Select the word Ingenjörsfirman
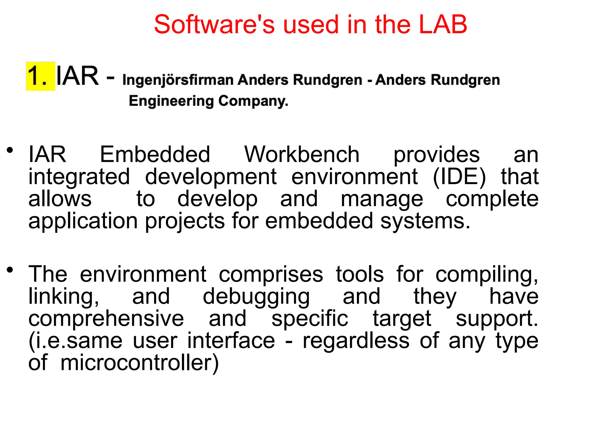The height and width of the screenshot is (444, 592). tap(178, 80)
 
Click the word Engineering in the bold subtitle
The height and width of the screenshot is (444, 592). tap(171, 101)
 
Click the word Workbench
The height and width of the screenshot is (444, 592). tap(302, 155)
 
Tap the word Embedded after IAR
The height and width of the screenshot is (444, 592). tap(155, 155)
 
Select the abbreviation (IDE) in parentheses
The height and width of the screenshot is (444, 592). tap(459, 177)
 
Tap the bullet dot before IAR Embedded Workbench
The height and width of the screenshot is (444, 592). tap(10, 150)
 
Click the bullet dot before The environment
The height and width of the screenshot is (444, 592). tap(10, 270)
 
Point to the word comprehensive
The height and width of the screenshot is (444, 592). tap(106, 319)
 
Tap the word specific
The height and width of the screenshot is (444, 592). tap(310, 319)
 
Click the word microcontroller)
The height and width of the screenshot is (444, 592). tap(140, 363)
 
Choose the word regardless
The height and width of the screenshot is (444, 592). tap(356, 341)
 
